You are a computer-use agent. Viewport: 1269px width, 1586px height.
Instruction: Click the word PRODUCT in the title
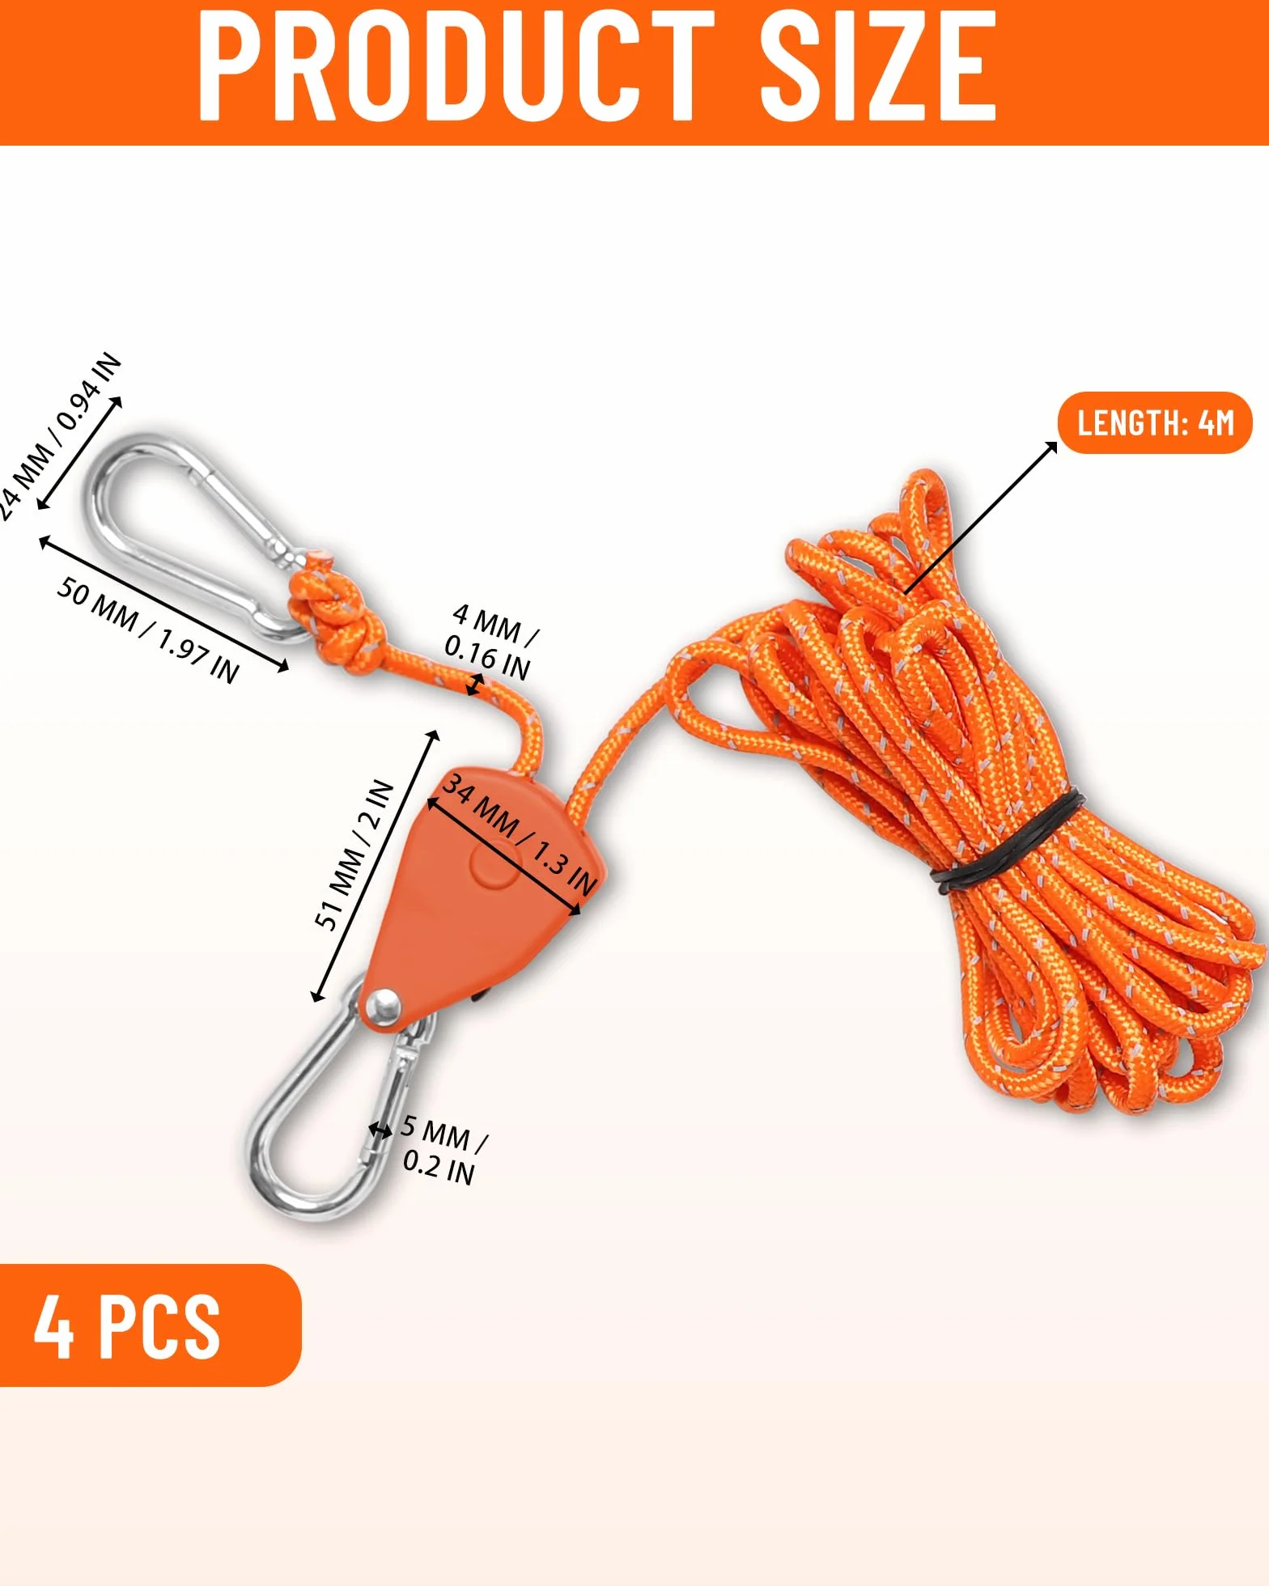click(456, 66)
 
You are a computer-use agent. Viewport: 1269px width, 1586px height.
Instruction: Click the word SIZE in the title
click(878, 66)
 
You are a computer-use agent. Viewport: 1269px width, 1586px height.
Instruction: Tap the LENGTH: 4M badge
click(1155, 422)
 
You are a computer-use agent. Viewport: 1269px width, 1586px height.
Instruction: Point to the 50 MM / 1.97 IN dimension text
click(148, 630)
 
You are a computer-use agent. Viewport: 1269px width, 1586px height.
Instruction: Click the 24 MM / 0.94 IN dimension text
click(58, 437)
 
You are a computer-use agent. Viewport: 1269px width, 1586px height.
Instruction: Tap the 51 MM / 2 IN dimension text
click(354, 854)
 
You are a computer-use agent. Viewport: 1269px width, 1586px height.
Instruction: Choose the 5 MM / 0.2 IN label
click(444, 1149)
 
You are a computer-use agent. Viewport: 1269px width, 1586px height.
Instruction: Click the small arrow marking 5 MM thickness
click(380, 1130)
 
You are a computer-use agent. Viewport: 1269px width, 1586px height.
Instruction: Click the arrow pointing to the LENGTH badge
click(981, 518)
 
